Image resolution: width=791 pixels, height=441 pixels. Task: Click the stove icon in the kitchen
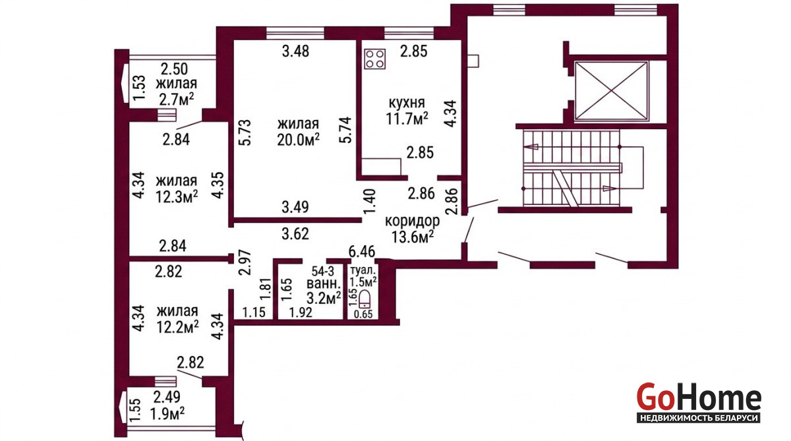coord(374,59)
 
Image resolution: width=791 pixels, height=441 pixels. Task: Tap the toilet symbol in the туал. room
coord(364,301)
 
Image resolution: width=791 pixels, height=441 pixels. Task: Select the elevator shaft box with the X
coord(612,91)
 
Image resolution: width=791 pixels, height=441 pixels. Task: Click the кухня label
coord(407,103)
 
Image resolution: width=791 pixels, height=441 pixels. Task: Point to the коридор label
coord(412,221)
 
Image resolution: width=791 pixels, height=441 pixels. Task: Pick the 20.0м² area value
coord(299,140)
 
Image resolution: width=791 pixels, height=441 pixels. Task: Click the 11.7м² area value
coord(407,119)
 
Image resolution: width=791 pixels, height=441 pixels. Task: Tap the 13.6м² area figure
coord(413,237)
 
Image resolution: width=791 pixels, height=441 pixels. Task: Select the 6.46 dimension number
coord(362,252)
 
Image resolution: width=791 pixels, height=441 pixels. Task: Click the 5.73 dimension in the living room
coord(245,132)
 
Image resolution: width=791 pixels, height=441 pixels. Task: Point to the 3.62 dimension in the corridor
coord(295,234)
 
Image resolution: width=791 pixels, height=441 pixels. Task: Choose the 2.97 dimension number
coord(245,262)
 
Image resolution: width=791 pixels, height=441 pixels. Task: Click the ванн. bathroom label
coord(324,284)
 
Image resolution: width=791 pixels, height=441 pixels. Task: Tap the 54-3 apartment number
coord(323,271)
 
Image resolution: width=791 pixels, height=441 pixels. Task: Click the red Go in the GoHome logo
coord(654,397)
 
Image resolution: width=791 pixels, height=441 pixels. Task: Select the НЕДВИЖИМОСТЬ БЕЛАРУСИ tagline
coord(699,418)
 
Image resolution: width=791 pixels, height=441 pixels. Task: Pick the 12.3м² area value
coord(177,197)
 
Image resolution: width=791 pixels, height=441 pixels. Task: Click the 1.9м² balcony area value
coord(167,413)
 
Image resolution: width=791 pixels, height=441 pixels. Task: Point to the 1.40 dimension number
coord(369,201)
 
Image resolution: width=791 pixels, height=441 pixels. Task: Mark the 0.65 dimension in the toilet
coord(363,314)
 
